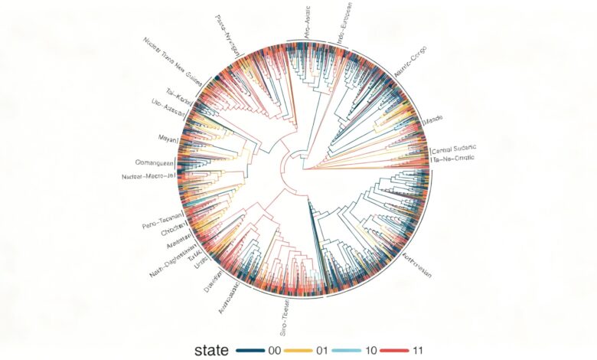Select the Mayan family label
(x=166, y=140)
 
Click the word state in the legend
(x=209, y=350)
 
